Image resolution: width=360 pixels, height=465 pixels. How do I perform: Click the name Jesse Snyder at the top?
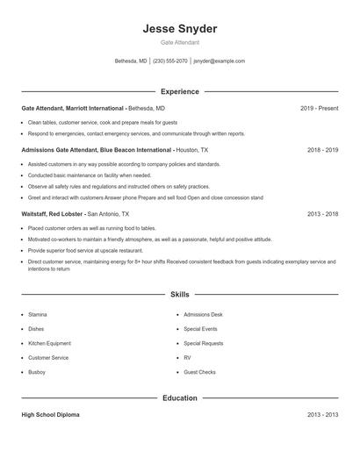click(x=180, y=29)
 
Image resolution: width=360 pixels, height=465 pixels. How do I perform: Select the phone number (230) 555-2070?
click(x=170, y=61)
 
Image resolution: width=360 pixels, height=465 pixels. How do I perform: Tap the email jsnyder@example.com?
click(x=219, y=61)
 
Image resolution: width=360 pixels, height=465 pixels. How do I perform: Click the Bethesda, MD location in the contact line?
click(x=132, y=61)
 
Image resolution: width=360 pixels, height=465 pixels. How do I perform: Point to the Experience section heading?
click(x=180, y=91)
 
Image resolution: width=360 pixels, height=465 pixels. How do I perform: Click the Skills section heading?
click(x=180, y=295)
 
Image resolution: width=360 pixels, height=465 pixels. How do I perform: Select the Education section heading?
click(x=180, y=398)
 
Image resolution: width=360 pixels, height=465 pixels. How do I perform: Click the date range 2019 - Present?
click(x=319, y=108)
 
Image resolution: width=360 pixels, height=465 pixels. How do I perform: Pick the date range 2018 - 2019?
click(x=322, y=150)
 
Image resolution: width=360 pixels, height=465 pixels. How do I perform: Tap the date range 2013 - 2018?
click(x=322, y=213)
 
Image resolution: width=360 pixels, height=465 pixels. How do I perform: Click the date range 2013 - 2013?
click(x=322, y=415)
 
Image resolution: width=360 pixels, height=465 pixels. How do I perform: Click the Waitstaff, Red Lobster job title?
click(x=53, y=213)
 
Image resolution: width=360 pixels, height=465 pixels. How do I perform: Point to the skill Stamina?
click(x=38, y=313)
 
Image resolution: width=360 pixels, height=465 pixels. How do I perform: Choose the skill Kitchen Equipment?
click(x=49, y=343)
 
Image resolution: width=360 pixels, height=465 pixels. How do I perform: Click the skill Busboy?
click(x=37, y=373)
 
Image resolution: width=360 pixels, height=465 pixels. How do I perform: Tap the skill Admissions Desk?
click(x=203, y=313)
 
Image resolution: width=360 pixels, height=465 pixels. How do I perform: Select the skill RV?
click(x=187, y=358)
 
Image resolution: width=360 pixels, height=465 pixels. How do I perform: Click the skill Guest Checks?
click(x=199, y=373)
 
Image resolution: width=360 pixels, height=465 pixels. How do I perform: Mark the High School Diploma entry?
click(x=50, y=415)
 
